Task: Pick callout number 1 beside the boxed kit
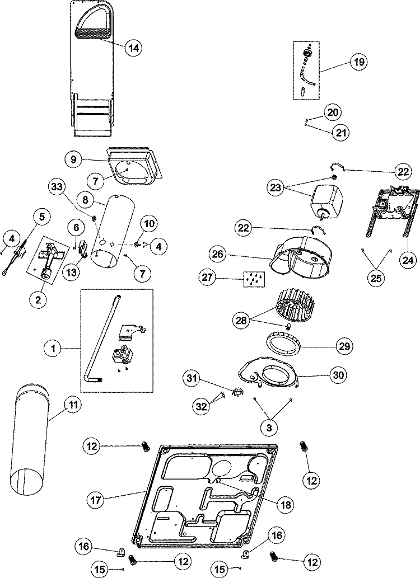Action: coord(54,349)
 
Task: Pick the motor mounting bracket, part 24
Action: coord(393,215)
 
